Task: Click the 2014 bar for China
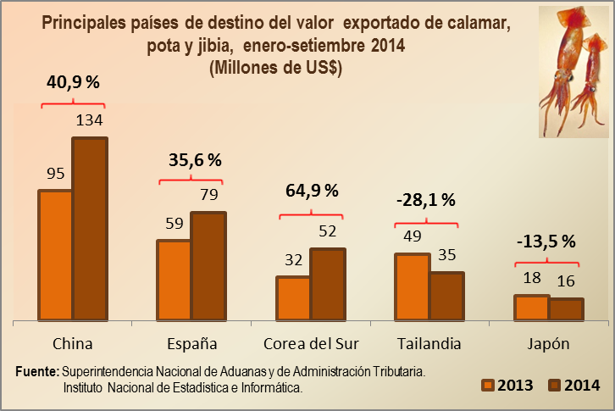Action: tap(90, 229)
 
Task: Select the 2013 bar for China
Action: tap(55, 254)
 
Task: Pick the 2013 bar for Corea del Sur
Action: tap(293, 298)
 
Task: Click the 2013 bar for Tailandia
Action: tap(413, 286)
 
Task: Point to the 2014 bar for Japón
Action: tap(566, 309)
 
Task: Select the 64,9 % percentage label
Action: tap(310, 190)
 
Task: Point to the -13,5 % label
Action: tap(546, 240)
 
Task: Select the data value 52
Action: tap(327, 230)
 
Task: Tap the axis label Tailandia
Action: tap(429, 344)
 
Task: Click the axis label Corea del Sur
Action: tap(312, 344)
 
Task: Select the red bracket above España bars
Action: tap(191, 179)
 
